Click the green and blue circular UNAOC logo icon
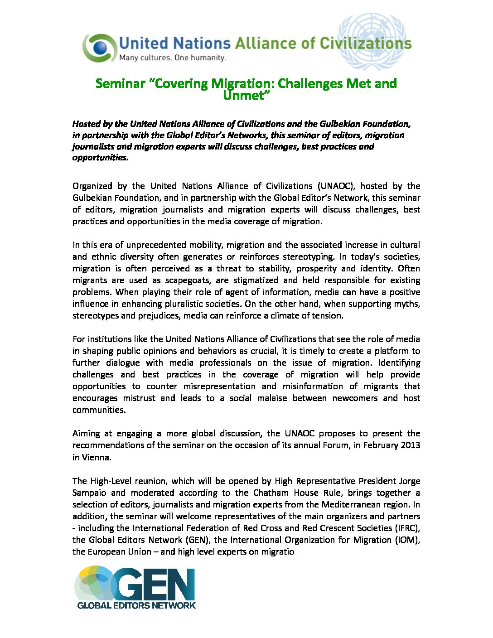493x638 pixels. pos(99,48)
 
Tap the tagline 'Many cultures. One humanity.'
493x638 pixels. pos(172,58)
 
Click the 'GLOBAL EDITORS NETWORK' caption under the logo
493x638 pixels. pos(136,605)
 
